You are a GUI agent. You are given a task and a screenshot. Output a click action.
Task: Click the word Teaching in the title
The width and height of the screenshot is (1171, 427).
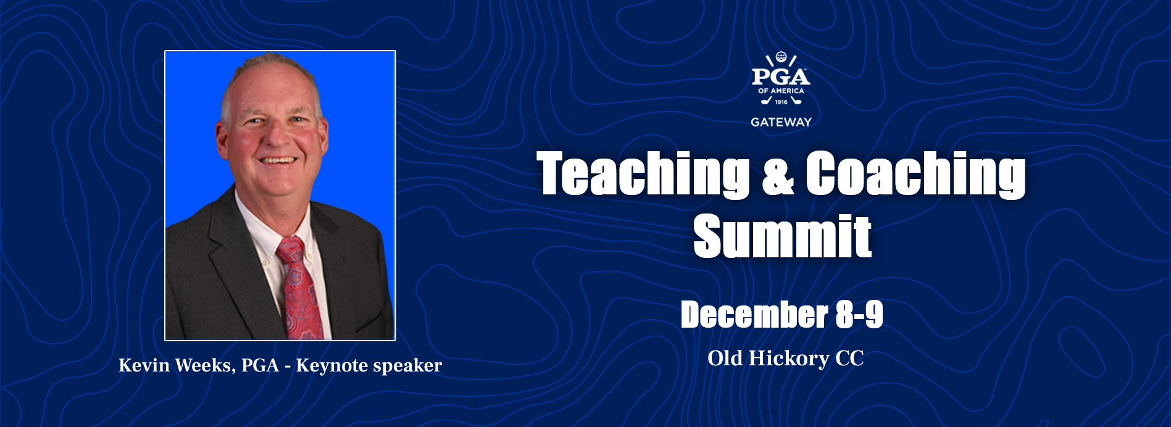point(643,175)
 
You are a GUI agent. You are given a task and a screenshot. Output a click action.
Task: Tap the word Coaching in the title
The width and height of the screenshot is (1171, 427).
point(915,175)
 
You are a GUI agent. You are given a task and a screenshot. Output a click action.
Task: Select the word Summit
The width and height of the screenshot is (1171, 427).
point(783,236)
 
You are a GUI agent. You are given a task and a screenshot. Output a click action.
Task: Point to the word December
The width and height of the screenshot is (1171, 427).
point(754,315)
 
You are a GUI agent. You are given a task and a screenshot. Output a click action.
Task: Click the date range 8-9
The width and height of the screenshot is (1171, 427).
point(859,315)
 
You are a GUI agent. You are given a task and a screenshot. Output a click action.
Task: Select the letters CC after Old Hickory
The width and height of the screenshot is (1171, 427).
point(849,359)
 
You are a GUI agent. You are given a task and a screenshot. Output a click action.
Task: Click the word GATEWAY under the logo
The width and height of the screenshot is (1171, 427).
point(781,122)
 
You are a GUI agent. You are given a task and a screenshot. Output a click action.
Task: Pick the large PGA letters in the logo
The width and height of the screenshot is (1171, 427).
point(781,77)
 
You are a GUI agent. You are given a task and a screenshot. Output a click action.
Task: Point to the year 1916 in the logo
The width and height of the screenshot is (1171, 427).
point(781,102)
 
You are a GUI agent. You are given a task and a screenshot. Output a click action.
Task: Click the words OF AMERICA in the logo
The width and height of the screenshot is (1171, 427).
point(781,91)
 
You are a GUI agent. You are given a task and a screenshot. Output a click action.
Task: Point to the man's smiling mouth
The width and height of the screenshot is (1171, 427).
point(277,160)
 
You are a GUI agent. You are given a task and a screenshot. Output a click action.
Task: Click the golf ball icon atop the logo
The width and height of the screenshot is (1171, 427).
point(781,57)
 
